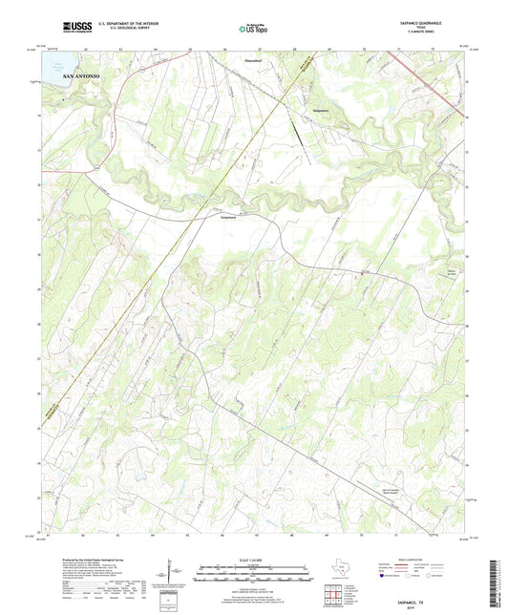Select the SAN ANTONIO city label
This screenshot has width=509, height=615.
(80, 74)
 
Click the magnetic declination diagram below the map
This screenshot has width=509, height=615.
(169, 573)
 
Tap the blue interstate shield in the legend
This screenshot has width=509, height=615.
(385, 576)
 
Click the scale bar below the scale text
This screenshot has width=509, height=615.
(254, 573)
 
